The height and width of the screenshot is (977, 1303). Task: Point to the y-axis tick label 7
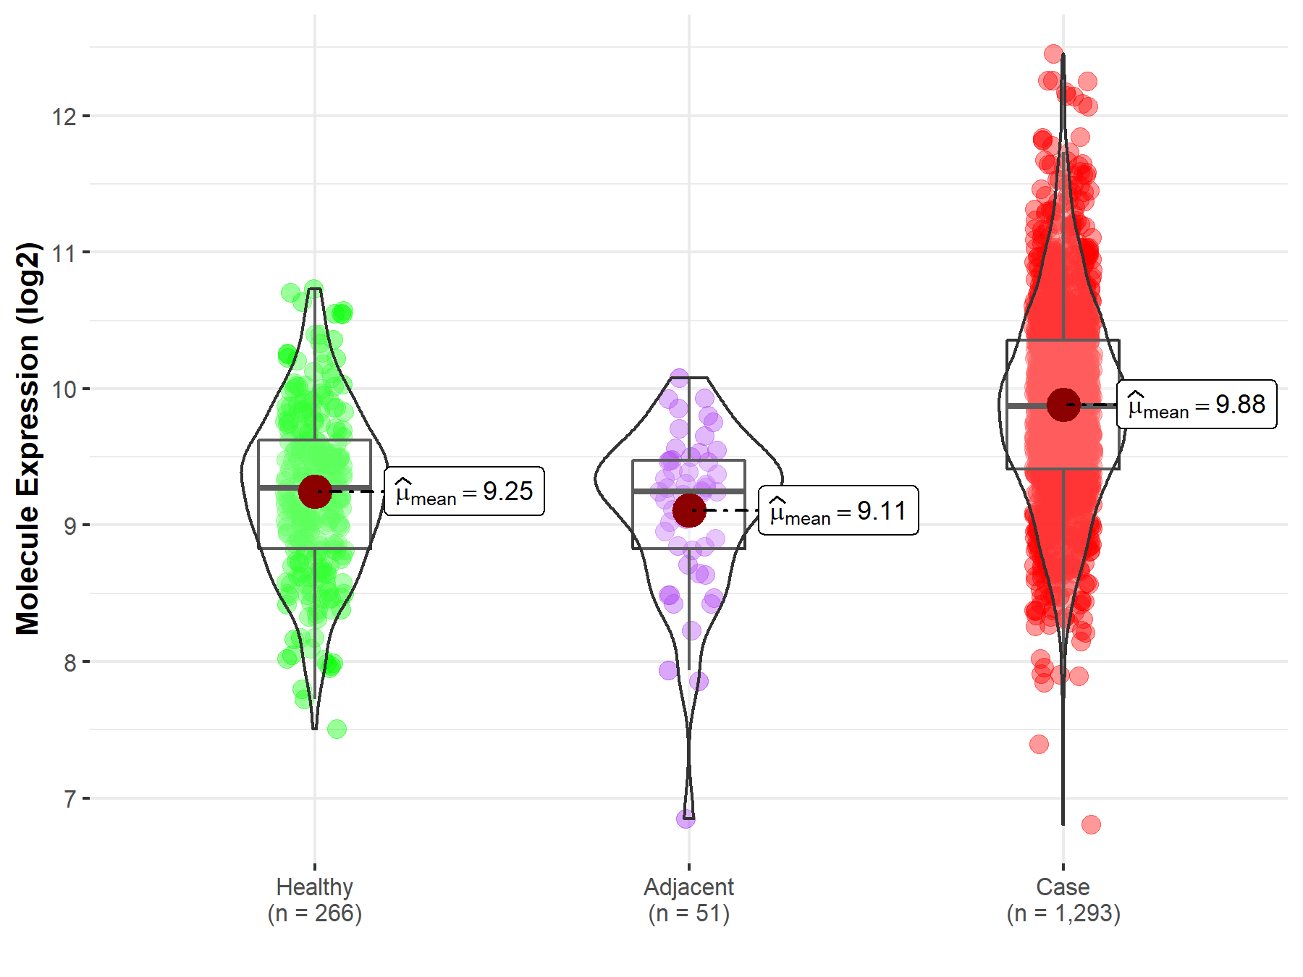pos(69,800)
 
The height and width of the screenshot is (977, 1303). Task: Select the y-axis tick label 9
pos(69,526)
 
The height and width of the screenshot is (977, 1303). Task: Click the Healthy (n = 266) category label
pos(315,900)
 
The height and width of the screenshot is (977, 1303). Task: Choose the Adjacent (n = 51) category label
pos(688,900)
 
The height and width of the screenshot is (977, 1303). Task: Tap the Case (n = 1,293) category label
pos(1063,900)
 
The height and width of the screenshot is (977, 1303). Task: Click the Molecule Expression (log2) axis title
pos(28,439)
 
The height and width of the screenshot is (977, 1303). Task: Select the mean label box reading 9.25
pos(464,491)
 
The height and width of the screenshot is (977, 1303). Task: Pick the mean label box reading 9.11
pos(838,511)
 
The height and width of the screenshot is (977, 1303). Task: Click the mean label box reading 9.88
pos(1197,405)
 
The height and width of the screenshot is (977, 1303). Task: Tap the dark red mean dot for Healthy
pos(315,492)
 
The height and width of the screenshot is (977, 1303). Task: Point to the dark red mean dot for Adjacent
pos(688,511)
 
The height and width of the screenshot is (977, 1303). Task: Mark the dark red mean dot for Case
pos(1063,405)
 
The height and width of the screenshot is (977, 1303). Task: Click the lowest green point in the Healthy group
pos(337,729)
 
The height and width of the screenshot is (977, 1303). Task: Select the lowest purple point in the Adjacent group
pos(686,819)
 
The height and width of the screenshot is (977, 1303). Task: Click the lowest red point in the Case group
pos(1091,824)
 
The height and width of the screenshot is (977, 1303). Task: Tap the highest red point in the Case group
pos(1053,54)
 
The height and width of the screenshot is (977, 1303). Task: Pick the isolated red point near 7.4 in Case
pos(1039,744)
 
